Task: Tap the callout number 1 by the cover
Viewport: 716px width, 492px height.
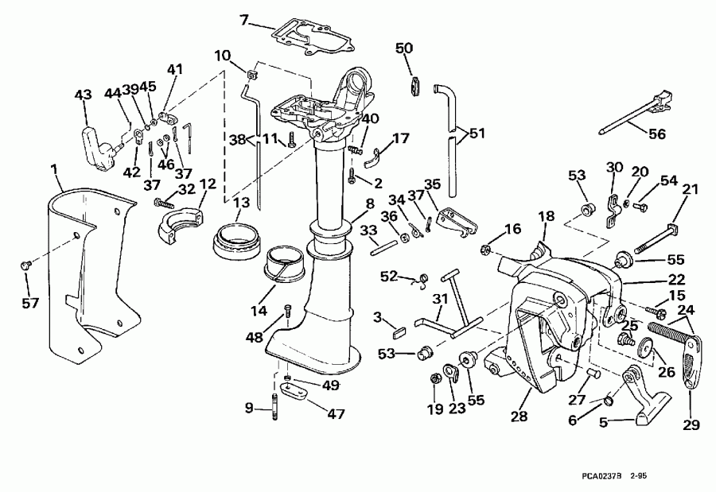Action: (x=53, y=169)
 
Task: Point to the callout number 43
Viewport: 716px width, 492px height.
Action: (x=82, y=95)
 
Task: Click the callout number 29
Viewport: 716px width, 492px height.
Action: (x=691, y=424)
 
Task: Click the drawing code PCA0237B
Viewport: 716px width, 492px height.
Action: (x=597, y=477)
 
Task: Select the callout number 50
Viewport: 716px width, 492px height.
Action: (x=404, y=48)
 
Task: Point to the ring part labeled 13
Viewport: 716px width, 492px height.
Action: (x=236, y=237)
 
